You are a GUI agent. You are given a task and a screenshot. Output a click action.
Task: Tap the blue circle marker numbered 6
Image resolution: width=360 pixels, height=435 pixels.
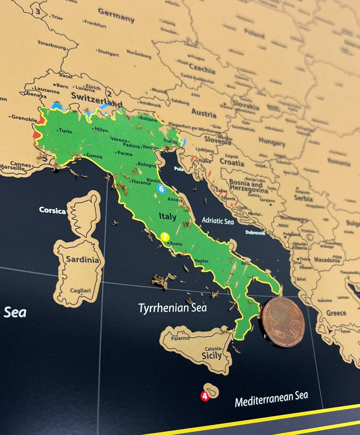coord(161,188)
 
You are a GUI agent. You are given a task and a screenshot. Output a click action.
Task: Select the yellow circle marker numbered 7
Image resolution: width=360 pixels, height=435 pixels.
coord(165,237)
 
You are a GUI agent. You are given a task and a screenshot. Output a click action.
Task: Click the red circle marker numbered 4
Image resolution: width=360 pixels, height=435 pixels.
coord(205,396)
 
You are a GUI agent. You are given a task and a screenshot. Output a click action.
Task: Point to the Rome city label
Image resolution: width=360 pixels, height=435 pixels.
coord(176,244)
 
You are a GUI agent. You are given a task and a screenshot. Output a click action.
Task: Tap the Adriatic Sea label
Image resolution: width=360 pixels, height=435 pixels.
coord(218,221)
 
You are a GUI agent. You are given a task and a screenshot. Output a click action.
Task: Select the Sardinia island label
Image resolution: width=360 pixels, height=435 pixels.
coord(82,259)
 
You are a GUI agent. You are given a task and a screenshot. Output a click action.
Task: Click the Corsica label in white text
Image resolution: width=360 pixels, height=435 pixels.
coord(52,210)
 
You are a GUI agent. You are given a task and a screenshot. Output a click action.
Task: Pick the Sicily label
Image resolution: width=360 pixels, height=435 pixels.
coord(211,356)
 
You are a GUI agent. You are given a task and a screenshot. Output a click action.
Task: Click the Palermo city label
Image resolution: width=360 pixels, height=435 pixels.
coord(180,338)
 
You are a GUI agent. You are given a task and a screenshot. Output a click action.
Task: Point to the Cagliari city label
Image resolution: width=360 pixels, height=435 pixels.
coord(80,290)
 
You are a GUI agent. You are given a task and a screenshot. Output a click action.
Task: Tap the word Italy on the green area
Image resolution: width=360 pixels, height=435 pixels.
coord(167,216)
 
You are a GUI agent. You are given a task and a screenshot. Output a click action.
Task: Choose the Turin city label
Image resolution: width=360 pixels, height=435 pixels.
coord(65,131)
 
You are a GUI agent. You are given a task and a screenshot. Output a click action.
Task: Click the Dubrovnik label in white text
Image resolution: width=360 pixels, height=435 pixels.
coord(255,233)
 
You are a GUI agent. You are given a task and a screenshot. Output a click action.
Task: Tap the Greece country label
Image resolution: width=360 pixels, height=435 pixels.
coord(336,313)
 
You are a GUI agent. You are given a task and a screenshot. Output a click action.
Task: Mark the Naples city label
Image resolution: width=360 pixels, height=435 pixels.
coord(201,261)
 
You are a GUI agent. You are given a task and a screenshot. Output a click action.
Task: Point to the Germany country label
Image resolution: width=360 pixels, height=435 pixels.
coord(116,15)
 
